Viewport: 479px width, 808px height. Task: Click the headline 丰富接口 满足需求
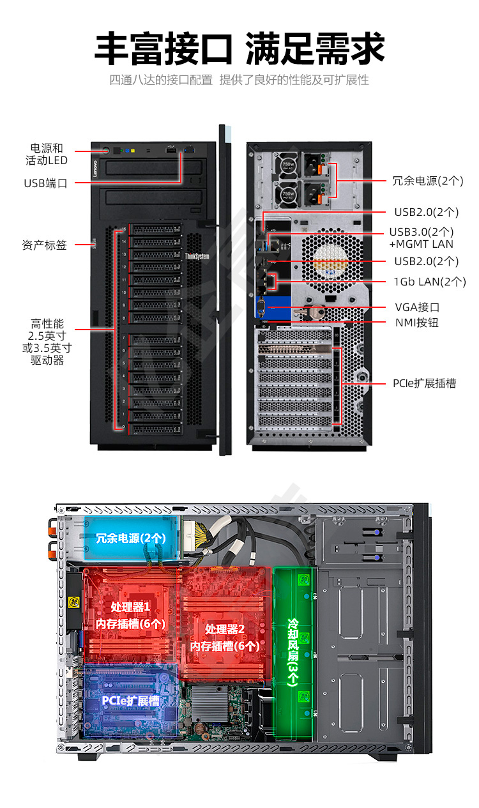click(x=240, y=49)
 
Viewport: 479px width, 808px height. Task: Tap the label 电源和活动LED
click(x=46, y=155)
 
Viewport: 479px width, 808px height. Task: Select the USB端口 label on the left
click(x=45, y=183)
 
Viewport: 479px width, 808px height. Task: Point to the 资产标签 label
click(x=44, y=245)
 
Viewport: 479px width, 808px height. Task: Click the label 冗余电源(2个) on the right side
click(x=427, y=181)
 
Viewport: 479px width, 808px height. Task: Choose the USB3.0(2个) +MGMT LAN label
click(x=422, y=238)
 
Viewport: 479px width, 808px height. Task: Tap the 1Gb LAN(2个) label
click(x=430, y=282)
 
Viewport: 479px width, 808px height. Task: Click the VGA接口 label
click(x=417, y=307)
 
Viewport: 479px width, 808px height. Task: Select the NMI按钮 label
click(x=417, y=323)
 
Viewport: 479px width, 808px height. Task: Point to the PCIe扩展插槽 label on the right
click(x=425, y=384)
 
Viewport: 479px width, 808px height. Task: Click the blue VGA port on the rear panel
click(x=261, y=308)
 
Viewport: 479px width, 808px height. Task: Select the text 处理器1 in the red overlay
click(x=130, y=607)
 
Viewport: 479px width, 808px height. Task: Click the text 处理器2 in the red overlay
click(x=225, y=629)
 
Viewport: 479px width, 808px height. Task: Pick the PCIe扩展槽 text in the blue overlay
click(x=130, y=701)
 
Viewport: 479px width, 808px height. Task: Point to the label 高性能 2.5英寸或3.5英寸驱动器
click(x=47, y=342)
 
